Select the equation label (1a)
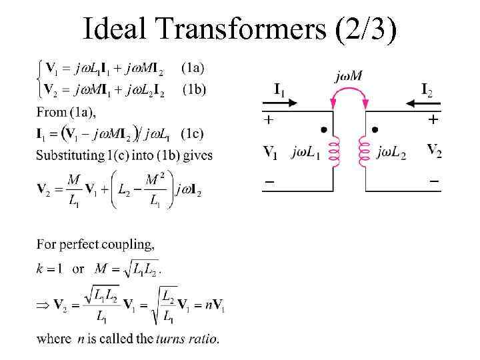tap(193, 67)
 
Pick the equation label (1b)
tap(195, 89)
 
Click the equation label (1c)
tap(193, 133)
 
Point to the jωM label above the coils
tap(348, 76)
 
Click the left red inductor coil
tap(335, 152)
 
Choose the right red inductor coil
tap(363, 152)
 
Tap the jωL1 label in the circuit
tap(307, 153)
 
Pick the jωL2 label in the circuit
tap(392, 153)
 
